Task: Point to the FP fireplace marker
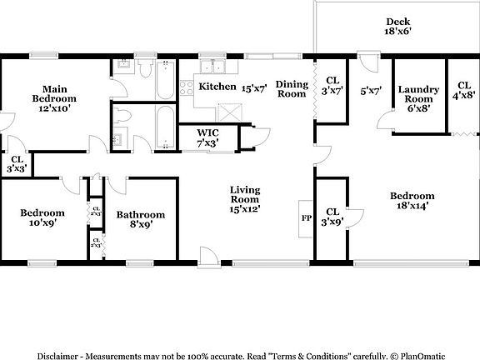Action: click(x=305, y=218)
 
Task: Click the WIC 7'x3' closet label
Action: click(x=208, y=137)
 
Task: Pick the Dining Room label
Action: click(x=292, y=88)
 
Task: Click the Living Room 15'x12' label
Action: click(x=246, y=200)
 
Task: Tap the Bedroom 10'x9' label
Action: click(x=42, y=217)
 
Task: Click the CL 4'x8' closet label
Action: click(x=464, y=91)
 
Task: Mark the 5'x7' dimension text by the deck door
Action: click(x=371, y=91)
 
